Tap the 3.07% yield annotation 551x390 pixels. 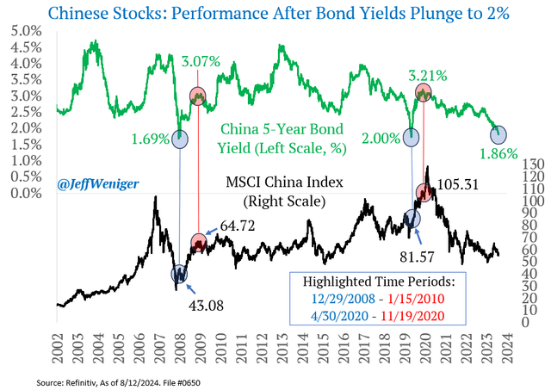pos(201,62)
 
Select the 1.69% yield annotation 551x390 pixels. pos(152,134)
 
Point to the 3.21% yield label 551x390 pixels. pos(428,76)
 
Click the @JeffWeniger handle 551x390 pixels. pos(93,183)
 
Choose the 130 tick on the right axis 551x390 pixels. pos(523,164)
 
